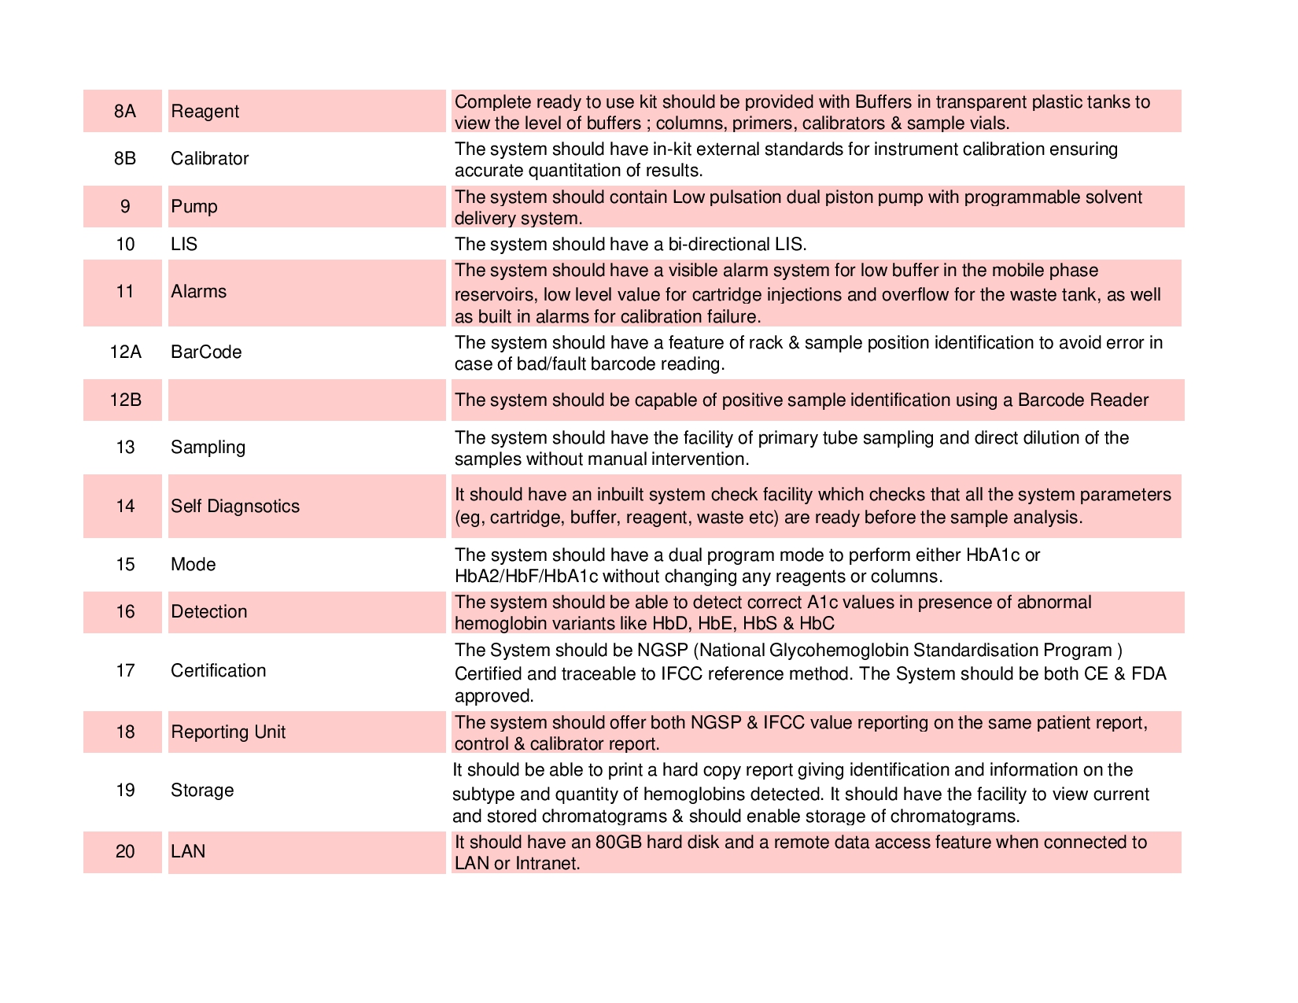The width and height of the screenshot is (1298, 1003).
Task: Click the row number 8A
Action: click(x=124, y=112)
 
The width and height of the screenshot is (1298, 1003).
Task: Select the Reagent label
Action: click(x=205, y=112)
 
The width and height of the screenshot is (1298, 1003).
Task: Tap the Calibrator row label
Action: click(x=209, y=159)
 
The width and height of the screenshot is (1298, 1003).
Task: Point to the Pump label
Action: click(x=194, y=207)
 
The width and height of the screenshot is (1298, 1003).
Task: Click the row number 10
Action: click(x=125, y=245)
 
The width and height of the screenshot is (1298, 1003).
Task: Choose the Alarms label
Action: click(x=198, y=292)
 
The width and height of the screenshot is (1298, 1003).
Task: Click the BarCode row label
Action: click(x=206, y=352)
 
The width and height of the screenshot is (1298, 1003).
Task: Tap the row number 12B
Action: click(x=125, y=400)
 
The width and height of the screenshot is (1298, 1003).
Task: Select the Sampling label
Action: click(x=208, y=448)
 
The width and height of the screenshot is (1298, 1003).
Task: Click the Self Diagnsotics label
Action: click(x=235, y=507)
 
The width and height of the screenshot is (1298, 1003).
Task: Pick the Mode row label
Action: click(x=193, y=565)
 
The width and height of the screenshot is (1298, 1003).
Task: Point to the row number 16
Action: click(x=125, y=612)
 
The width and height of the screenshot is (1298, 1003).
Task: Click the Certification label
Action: click(x=218, y=671)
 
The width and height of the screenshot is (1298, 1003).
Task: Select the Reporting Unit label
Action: click(x=228, y=732)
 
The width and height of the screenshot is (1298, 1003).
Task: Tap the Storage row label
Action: click(x=202, y=791)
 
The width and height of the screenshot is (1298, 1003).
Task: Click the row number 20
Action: click(x=125, y=852)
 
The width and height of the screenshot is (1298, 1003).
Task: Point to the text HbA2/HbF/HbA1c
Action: click(x=526, y=577)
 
